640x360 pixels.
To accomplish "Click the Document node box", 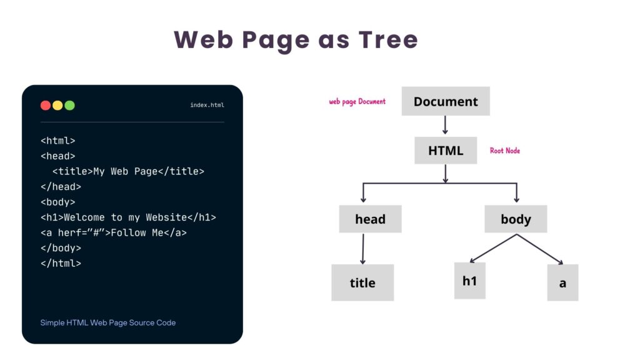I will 446,101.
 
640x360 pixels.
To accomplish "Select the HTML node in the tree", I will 446,151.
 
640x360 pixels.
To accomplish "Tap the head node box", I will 370,219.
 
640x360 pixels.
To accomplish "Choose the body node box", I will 516,219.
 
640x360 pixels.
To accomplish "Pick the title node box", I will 362,282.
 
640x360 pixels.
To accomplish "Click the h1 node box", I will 469,281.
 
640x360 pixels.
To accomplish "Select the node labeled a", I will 562,282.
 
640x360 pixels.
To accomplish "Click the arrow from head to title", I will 362,248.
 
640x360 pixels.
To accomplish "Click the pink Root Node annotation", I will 505,151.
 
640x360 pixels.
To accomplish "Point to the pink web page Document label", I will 357,101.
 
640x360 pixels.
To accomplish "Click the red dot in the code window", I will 46,105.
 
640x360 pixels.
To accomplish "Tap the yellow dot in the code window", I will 57,105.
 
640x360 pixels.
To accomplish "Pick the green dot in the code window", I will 69,105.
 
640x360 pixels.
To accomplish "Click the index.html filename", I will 207,105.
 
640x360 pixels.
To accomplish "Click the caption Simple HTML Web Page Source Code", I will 108,322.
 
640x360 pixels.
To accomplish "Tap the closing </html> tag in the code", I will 61,263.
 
